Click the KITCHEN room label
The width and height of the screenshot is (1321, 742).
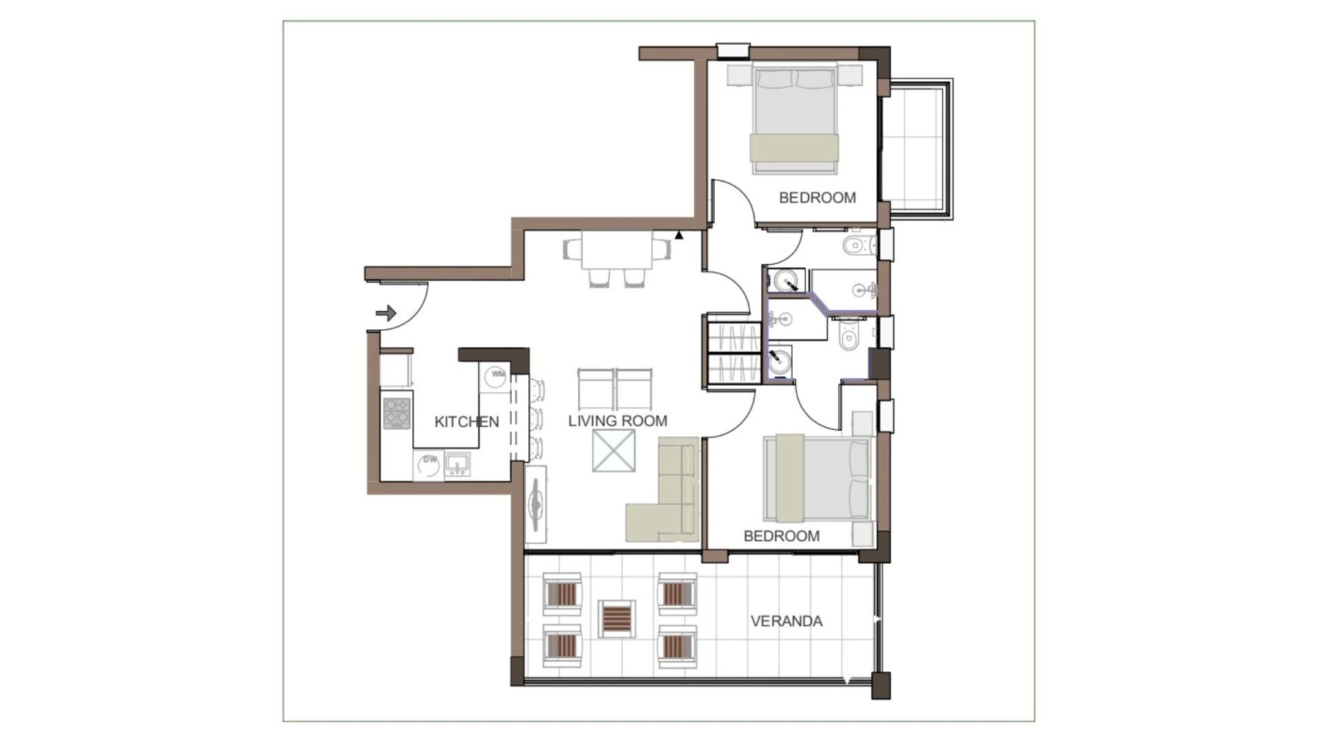[x=466, y=422]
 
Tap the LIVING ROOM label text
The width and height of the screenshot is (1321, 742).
[x=618, y=421]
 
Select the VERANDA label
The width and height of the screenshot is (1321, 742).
[x=786, y=621]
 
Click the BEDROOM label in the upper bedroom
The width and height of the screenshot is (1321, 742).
[x=817, y=197]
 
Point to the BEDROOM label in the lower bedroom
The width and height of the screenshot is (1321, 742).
[x=782, y=536]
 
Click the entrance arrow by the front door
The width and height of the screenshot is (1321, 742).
[x=387, y=313]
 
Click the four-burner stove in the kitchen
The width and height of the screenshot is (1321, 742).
[x=396, y=413]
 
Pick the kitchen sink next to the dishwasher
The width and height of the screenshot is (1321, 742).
[x=457, y=464]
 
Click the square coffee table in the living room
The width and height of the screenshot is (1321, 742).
[x=614, y=451]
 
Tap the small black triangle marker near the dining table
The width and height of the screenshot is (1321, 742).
[x=679, y=235]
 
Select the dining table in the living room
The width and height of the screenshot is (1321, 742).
[x=617, y=250]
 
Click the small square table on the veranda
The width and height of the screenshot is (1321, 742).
[x=616, y=618]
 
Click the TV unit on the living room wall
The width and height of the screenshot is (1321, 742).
[x=536, y=505]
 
